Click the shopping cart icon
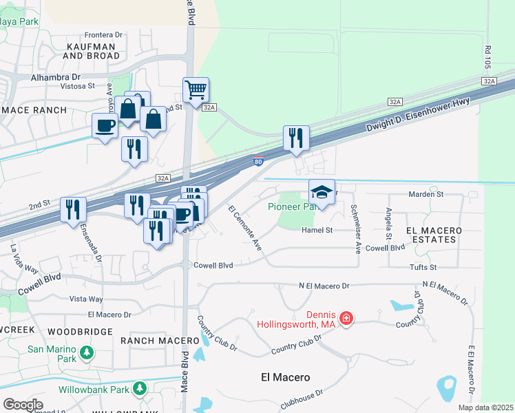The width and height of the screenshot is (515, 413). click(196, 89)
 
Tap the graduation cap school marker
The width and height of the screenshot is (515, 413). click(322, 191)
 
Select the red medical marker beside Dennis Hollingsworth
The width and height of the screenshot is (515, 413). click(346, 318)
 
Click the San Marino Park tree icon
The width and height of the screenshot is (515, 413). click(86, 353)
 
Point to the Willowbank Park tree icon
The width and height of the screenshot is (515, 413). click(139, 389)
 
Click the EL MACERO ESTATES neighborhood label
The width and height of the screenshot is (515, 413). click(431, 234)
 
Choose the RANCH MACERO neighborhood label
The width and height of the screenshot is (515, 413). click(150, 340)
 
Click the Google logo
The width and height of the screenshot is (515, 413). click(23, 404)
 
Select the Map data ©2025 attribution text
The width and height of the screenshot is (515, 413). click(485, 407)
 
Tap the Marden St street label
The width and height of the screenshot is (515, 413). click(426, 195)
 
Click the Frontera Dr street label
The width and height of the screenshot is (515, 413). click(103, 34)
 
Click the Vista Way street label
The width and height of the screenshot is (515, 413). click(86, 299)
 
